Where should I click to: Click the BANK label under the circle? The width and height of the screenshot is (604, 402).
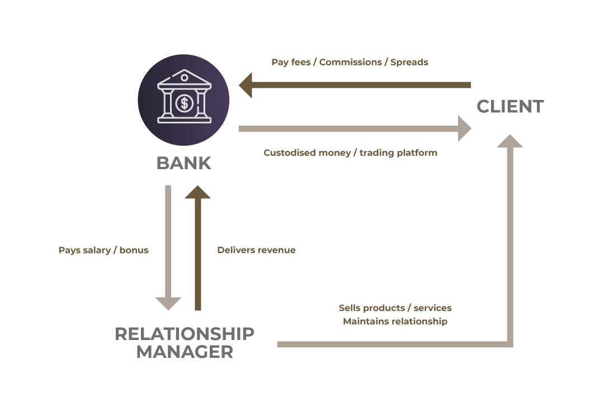184,163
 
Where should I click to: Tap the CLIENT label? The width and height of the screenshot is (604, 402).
510,107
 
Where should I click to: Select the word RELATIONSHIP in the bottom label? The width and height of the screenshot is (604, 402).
185,333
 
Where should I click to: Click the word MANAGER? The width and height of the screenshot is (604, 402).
185,352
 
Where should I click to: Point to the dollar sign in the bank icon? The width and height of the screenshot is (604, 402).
185,103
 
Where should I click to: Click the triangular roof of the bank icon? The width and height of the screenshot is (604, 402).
185,78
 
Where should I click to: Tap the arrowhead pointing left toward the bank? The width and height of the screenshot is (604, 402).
246,85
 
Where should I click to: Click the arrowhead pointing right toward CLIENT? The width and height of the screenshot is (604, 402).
465,128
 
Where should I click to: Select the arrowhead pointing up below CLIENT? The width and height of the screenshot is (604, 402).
510,141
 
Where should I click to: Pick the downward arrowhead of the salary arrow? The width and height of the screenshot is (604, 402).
168,304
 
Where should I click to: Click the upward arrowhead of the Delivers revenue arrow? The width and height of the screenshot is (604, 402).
197,192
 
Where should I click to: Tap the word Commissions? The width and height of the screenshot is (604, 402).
351,63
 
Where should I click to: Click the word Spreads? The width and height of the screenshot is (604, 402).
409,63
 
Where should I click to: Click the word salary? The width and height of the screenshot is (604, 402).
96,251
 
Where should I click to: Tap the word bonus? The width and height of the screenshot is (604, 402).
134,250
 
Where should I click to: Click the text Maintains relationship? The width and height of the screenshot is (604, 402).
395,321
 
